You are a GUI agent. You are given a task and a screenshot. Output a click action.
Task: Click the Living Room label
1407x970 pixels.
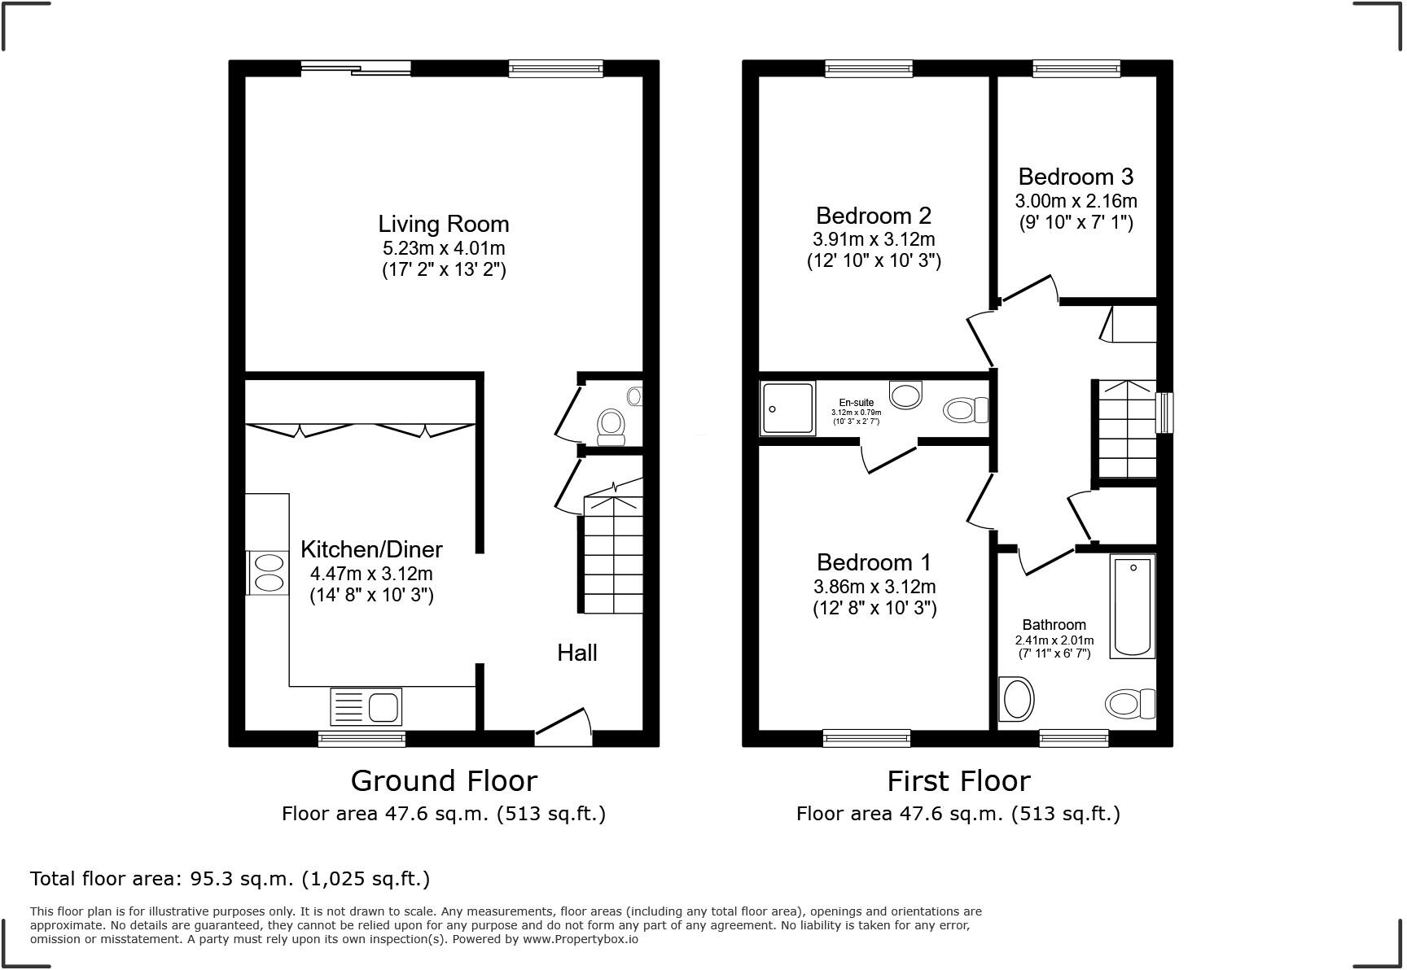pos(443,224)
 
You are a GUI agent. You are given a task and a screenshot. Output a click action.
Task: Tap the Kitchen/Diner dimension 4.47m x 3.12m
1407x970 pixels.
pos(371,573)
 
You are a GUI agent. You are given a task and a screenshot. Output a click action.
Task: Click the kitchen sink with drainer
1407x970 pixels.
pos(366,706)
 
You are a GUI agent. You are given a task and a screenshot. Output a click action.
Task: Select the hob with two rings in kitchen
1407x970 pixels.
pos(268,573)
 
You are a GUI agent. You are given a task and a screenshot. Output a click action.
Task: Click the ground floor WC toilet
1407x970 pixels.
pos(611,426)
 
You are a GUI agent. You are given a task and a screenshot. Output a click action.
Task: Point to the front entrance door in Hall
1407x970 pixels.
pos(563,727)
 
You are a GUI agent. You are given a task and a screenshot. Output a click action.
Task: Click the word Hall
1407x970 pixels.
pos(576,653)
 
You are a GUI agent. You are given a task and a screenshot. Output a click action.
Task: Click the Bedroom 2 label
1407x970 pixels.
pos(873,216)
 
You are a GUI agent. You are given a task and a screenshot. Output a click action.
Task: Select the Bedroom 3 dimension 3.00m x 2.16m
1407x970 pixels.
pos(1075,200)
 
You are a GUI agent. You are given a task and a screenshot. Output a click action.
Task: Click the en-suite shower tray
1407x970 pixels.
pos(787,409)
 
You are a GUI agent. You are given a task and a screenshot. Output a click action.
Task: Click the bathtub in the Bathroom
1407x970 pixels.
pos(1133,606)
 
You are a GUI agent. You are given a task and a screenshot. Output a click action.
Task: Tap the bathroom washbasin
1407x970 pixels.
pos(1016,699)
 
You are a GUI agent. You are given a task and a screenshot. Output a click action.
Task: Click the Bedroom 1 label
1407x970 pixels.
pos(874,562)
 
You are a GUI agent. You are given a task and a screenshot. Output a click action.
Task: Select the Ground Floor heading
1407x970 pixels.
pos(444,780)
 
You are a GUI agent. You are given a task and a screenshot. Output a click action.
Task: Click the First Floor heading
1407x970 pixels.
pos(958,780)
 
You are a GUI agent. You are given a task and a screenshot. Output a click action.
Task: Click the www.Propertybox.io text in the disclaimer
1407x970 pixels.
pos(580,939)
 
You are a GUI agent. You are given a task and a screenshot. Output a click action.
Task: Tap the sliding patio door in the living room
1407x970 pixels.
pos(356,69)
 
